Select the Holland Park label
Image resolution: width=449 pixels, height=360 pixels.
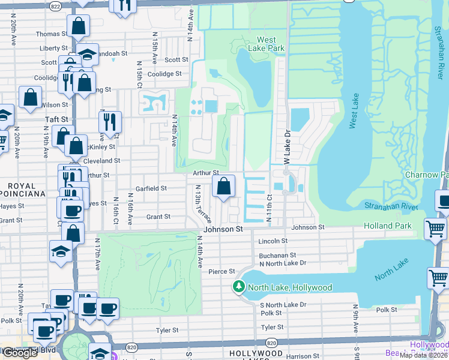[x=388, y=226]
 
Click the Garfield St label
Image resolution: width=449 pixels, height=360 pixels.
[x=150, y=188]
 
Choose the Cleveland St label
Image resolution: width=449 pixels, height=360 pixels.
[x=101, y=161]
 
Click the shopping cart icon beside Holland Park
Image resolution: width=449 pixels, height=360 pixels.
[x=435, y=228]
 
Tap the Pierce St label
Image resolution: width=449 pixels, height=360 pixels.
[x=221, y=272]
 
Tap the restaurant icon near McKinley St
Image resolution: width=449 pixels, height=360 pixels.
[x=110, y=122]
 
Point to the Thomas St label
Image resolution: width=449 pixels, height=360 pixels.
[x=49, y=34]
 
